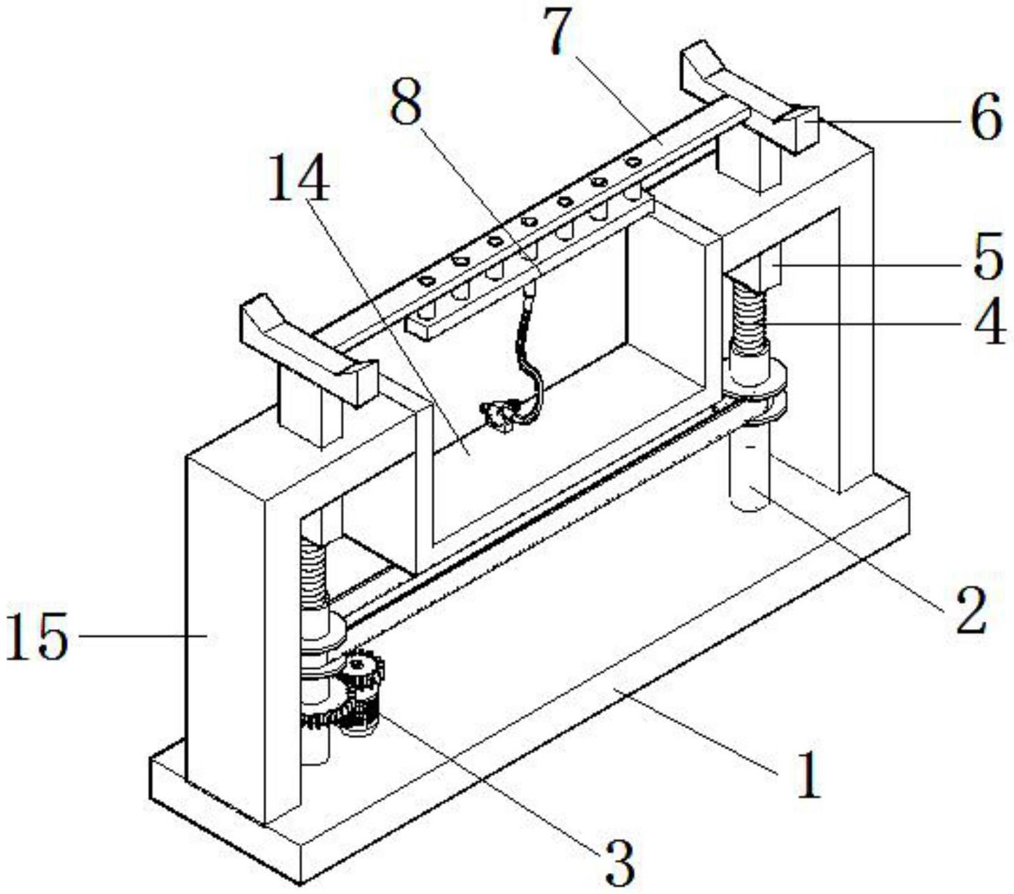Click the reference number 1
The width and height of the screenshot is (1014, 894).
[x=808, y=775]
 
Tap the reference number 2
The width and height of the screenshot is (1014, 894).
[x=969, y=610]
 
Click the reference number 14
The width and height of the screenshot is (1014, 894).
[x=299, y=178]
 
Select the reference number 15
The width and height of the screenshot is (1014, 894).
[x=38, y=636]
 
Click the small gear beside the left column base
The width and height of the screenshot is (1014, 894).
[x=362, y=673]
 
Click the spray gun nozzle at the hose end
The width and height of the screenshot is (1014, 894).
[x=497, y=416]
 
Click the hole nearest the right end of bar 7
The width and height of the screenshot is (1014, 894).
[x=633, y=162]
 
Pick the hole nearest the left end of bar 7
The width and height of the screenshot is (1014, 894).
[x=426, y=281]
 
